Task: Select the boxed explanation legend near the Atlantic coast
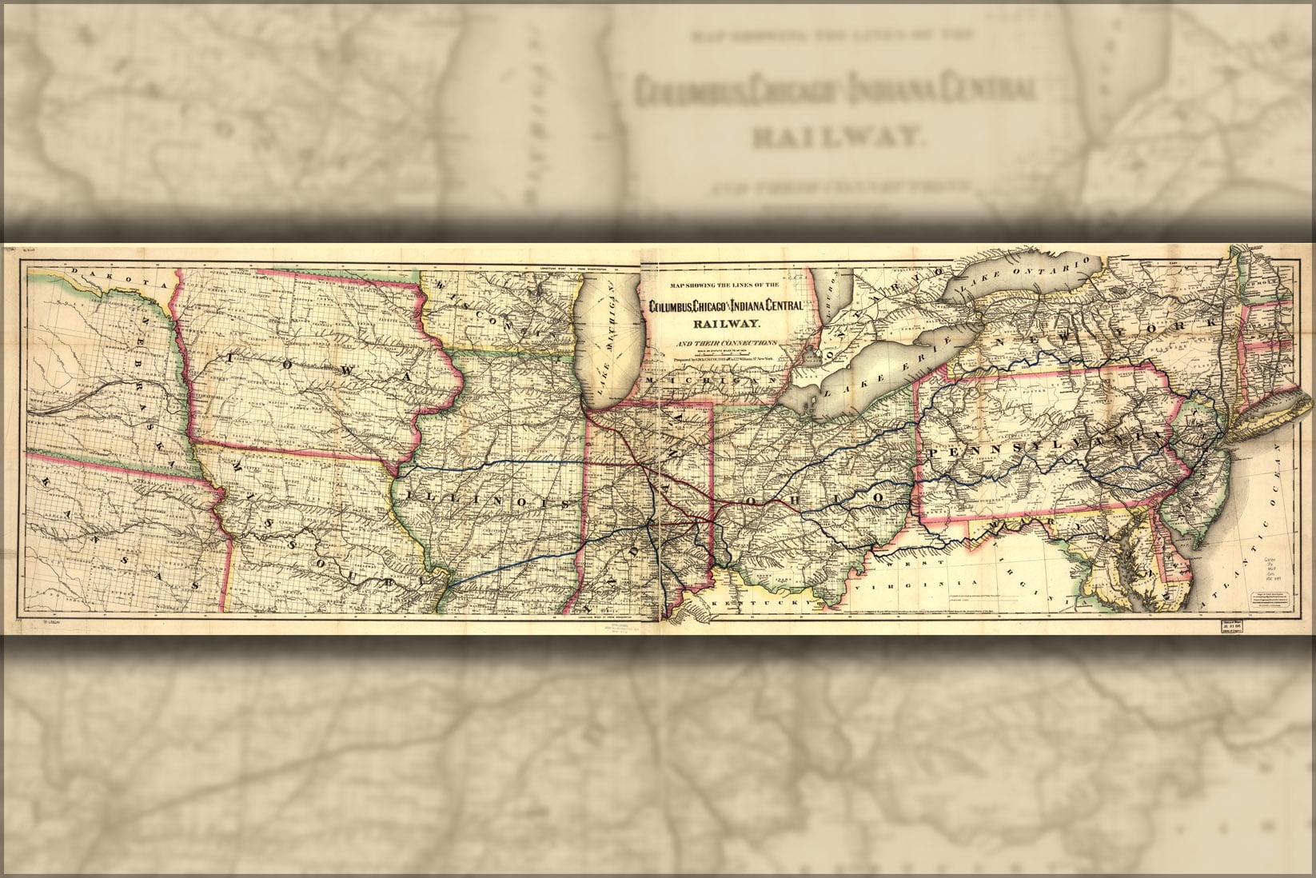[x=1270, y=600]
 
